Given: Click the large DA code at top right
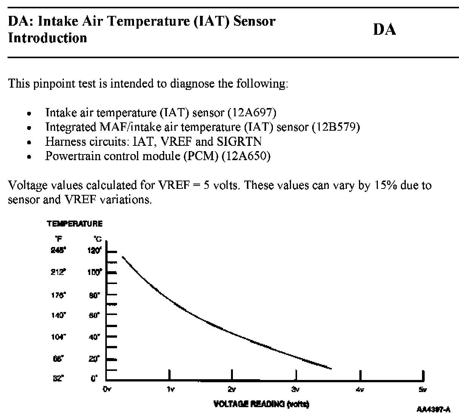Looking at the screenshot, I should (x=385, y=29).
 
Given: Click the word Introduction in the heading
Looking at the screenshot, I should (x=48, y=38).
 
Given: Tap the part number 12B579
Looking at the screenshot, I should (x=336, y=127).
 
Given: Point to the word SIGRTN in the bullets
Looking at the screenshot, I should (x=239, y=141).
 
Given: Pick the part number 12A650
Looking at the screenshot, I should (x=246, y=156).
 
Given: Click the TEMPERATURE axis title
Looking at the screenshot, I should (x=75, y=224).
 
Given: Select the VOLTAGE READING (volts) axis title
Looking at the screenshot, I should (x=261, y=404).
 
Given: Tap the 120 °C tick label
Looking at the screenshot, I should (x=95, y=251).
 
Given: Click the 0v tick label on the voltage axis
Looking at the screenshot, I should (x=107, y=389).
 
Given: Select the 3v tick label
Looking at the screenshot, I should (x=296, y=389).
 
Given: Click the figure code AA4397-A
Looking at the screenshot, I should (x=433, y=409).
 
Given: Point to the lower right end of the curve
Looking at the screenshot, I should (x=331, y=368).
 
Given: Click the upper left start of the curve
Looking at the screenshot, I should (x=122, y=257).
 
